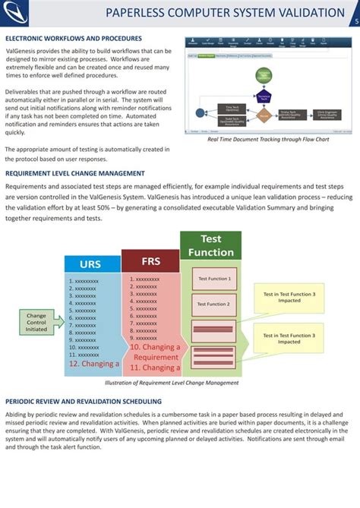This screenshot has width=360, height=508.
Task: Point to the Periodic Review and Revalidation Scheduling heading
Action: pyautogui.click(x=83, y=400)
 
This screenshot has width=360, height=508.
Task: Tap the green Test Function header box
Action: pyautogui.click(x=210, y=245)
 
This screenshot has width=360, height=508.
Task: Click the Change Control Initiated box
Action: pyautogui.click(x=36, y=322)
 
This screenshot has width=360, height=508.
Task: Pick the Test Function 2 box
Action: pyautogui.click(x=213, y=304)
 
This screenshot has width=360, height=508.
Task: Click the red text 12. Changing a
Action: pyautogui.click(x=94, y=364)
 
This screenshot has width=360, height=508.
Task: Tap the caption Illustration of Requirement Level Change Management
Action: pyautogui.click(x=172, y=383)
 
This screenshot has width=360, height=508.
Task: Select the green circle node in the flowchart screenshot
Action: pyautogui.click(x=263, y=75)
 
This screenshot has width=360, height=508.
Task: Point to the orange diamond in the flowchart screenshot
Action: pyautogui.click(x=263, y=115)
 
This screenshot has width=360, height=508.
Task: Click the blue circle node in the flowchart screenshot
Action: pyautogui.click(x=201, y=112)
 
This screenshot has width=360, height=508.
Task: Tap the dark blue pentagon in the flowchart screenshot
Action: pyautogui.click(x=263, y=97)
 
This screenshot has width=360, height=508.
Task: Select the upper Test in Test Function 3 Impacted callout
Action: pyautogui.click(x=289, y=297)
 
